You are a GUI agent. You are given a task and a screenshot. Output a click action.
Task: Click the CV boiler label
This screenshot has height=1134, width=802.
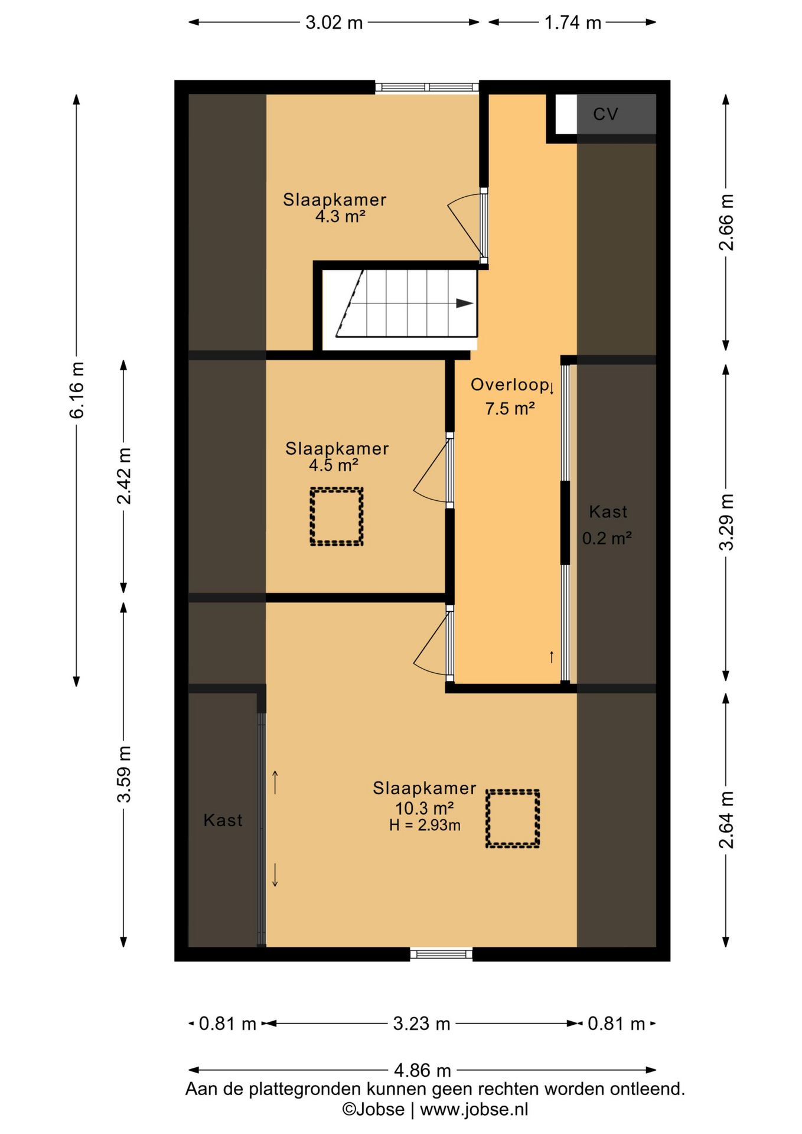(605, 114)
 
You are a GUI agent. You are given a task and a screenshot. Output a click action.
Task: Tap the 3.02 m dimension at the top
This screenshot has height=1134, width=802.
(334, 23)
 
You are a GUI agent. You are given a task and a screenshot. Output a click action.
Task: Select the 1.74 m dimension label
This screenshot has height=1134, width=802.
(572, 23)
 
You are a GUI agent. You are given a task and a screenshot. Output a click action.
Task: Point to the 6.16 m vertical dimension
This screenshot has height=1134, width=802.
(77, 390)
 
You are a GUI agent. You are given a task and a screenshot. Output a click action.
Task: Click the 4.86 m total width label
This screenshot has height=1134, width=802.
(422, 1070)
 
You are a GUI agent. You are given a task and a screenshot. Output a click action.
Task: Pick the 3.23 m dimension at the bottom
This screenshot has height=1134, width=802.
(422, 1023)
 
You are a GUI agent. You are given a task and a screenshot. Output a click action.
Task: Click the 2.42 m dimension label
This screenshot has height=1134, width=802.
(124, 476)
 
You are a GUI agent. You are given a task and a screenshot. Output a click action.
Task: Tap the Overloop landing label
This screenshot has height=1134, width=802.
(510, 385)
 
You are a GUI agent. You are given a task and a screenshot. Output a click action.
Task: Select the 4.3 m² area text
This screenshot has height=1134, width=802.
(340, 216)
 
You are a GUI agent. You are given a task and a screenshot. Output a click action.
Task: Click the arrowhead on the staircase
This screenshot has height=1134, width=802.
(465, 304)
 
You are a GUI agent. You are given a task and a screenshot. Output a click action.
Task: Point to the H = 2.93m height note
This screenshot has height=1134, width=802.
(425, 825)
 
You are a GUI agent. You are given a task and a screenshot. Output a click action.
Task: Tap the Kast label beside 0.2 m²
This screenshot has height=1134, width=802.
(608, 511)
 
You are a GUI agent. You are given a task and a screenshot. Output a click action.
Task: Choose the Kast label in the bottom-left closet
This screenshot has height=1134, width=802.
(223, 820)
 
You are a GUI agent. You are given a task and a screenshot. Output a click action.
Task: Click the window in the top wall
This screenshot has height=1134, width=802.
(427, 87)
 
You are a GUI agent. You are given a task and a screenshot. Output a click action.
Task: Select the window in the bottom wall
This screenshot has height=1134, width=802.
(441, 953)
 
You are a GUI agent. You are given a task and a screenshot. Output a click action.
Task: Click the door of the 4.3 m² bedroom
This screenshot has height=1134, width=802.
(484, 226)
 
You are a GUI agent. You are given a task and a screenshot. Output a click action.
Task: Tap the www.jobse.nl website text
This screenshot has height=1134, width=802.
(474, 1109)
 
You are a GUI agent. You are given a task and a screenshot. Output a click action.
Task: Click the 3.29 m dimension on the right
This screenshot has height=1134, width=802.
(726, 522)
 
